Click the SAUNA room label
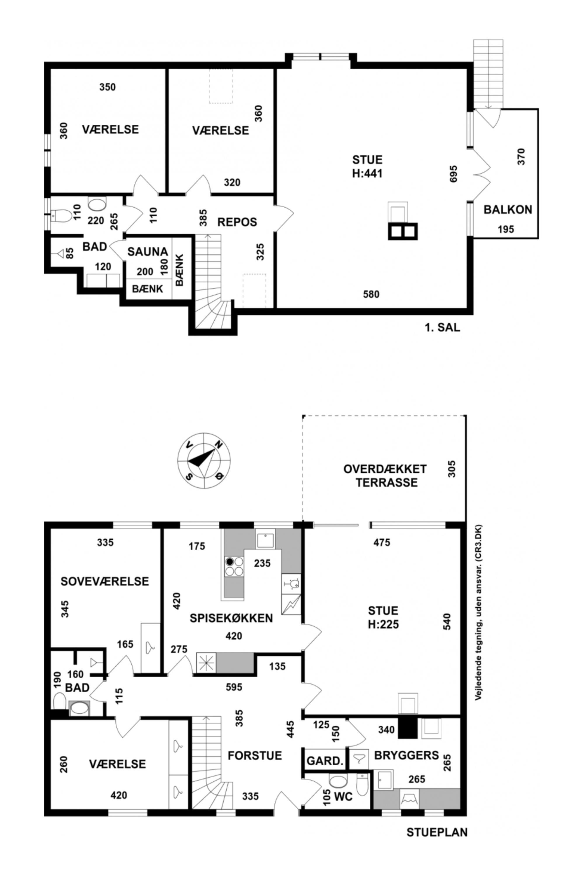[x=147, y=252]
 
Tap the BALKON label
[x=508, y=210]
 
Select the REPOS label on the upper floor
[x=237, y=222]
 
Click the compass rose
[x=204, y=461]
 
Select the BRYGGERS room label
[x=407, y=755]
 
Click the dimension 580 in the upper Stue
[x=371, y=294]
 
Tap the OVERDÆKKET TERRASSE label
[x=385, y=476]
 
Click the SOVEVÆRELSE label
[x=105, y=581]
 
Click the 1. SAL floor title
[x=442, y=327]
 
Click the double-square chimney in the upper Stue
[x=403, y=231]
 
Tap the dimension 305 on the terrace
[x=452, y=469]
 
